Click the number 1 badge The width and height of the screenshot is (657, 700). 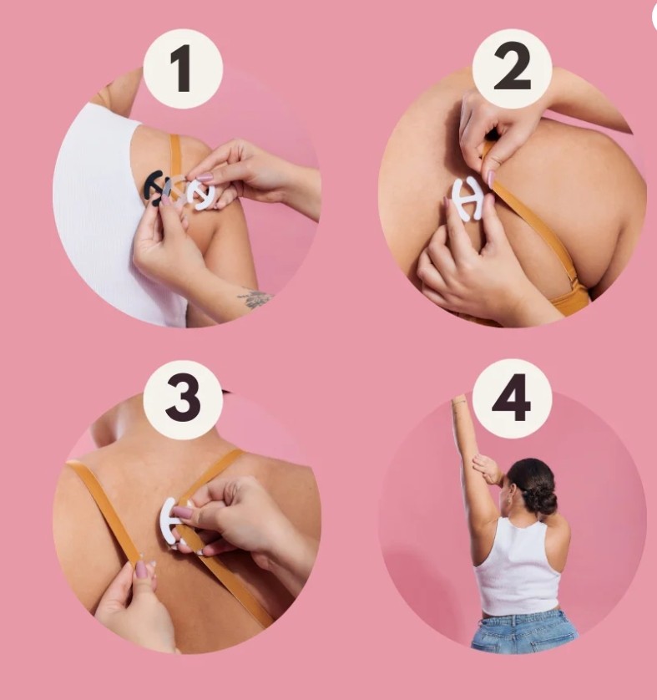coord(183,68)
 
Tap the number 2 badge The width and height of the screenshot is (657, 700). coord(512,68)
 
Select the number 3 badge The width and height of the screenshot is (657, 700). coord(183,399)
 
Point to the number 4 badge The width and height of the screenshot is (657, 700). coord(512,398)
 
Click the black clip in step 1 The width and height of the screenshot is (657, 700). coord(153,187)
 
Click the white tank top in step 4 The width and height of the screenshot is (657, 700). coord(518,567)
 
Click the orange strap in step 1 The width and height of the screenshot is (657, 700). coord(174,152)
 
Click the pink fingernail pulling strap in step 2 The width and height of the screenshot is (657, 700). coord(492,179)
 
